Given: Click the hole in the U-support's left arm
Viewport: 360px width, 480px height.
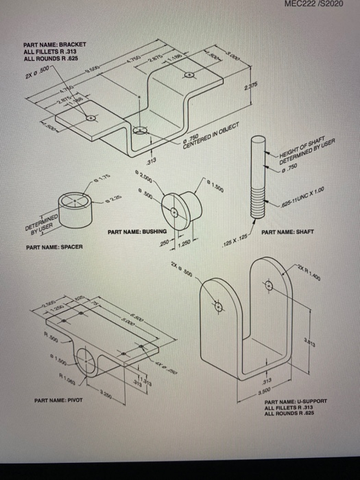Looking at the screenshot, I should pos(219,308).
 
